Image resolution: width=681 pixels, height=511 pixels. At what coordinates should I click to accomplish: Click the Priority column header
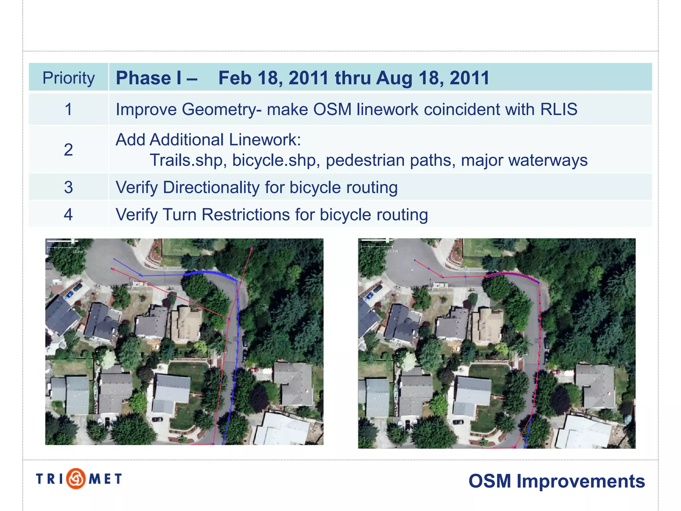[68, 78]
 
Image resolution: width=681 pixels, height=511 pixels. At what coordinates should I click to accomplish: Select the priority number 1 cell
[68, 109]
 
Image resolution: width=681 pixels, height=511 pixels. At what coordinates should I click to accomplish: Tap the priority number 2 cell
[68, 149]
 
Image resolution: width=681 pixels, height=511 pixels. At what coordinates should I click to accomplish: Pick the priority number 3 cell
[68, 187]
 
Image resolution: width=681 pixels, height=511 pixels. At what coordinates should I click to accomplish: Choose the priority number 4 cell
[68, 215]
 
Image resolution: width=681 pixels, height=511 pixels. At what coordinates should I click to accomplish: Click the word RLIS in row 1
[559, 109]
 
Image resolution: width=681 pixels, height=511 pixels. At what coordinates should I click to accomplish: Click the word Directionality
[211, 187]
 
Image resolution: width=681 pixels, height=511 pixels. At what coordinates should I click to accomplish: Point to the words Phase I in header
[149, 78]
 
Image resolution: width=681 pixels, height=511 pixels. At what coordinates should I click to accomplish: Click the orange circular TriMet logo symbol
[76, 479]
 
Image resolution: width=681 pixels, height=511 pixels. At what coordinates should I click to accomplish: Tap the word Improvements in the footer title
[580, 481]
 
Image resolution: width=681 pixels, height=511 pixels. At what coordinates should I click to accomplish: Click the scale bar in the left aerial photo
[62, 247]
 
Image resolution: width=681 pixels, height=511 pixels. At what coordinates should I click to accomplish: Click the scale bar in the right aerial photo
[377, 247]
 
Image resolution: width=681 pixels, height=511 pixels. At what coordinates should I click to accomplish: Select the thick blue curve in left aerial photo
[209, 273]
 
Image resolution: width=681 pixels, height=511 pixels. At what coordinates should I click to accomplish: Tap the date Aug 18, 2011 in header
[433, 78]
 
